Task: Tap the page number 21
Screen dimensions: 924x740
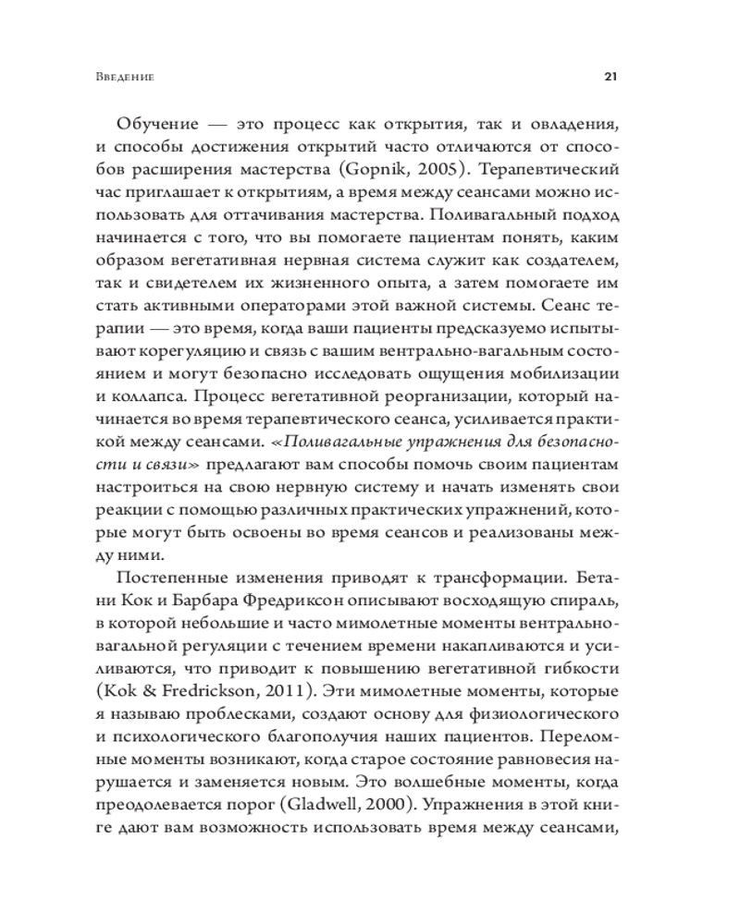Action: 610,77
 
